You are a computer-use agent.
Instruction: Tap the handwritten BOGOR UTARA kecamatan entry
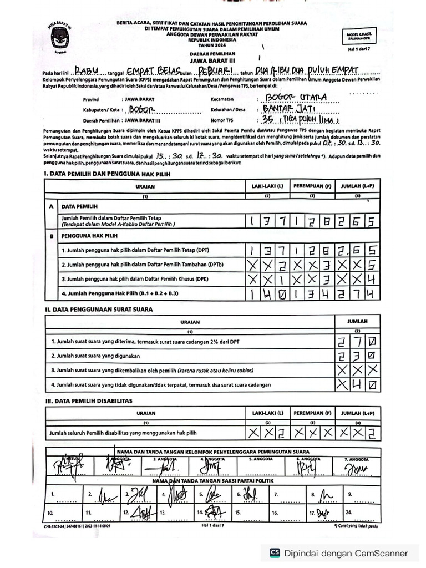293,98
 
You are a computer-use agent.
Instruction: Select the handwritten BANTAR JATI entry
292,109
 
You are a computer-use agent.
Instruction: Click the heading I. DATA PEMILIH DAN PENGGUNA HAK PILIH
106,174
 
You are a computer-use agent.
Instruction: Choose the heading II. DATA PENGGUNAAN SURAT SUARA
98,309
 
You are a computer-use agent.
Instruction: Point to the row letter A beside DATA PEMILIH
52,205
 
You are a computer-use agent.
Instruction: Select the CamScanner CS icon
274,553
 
